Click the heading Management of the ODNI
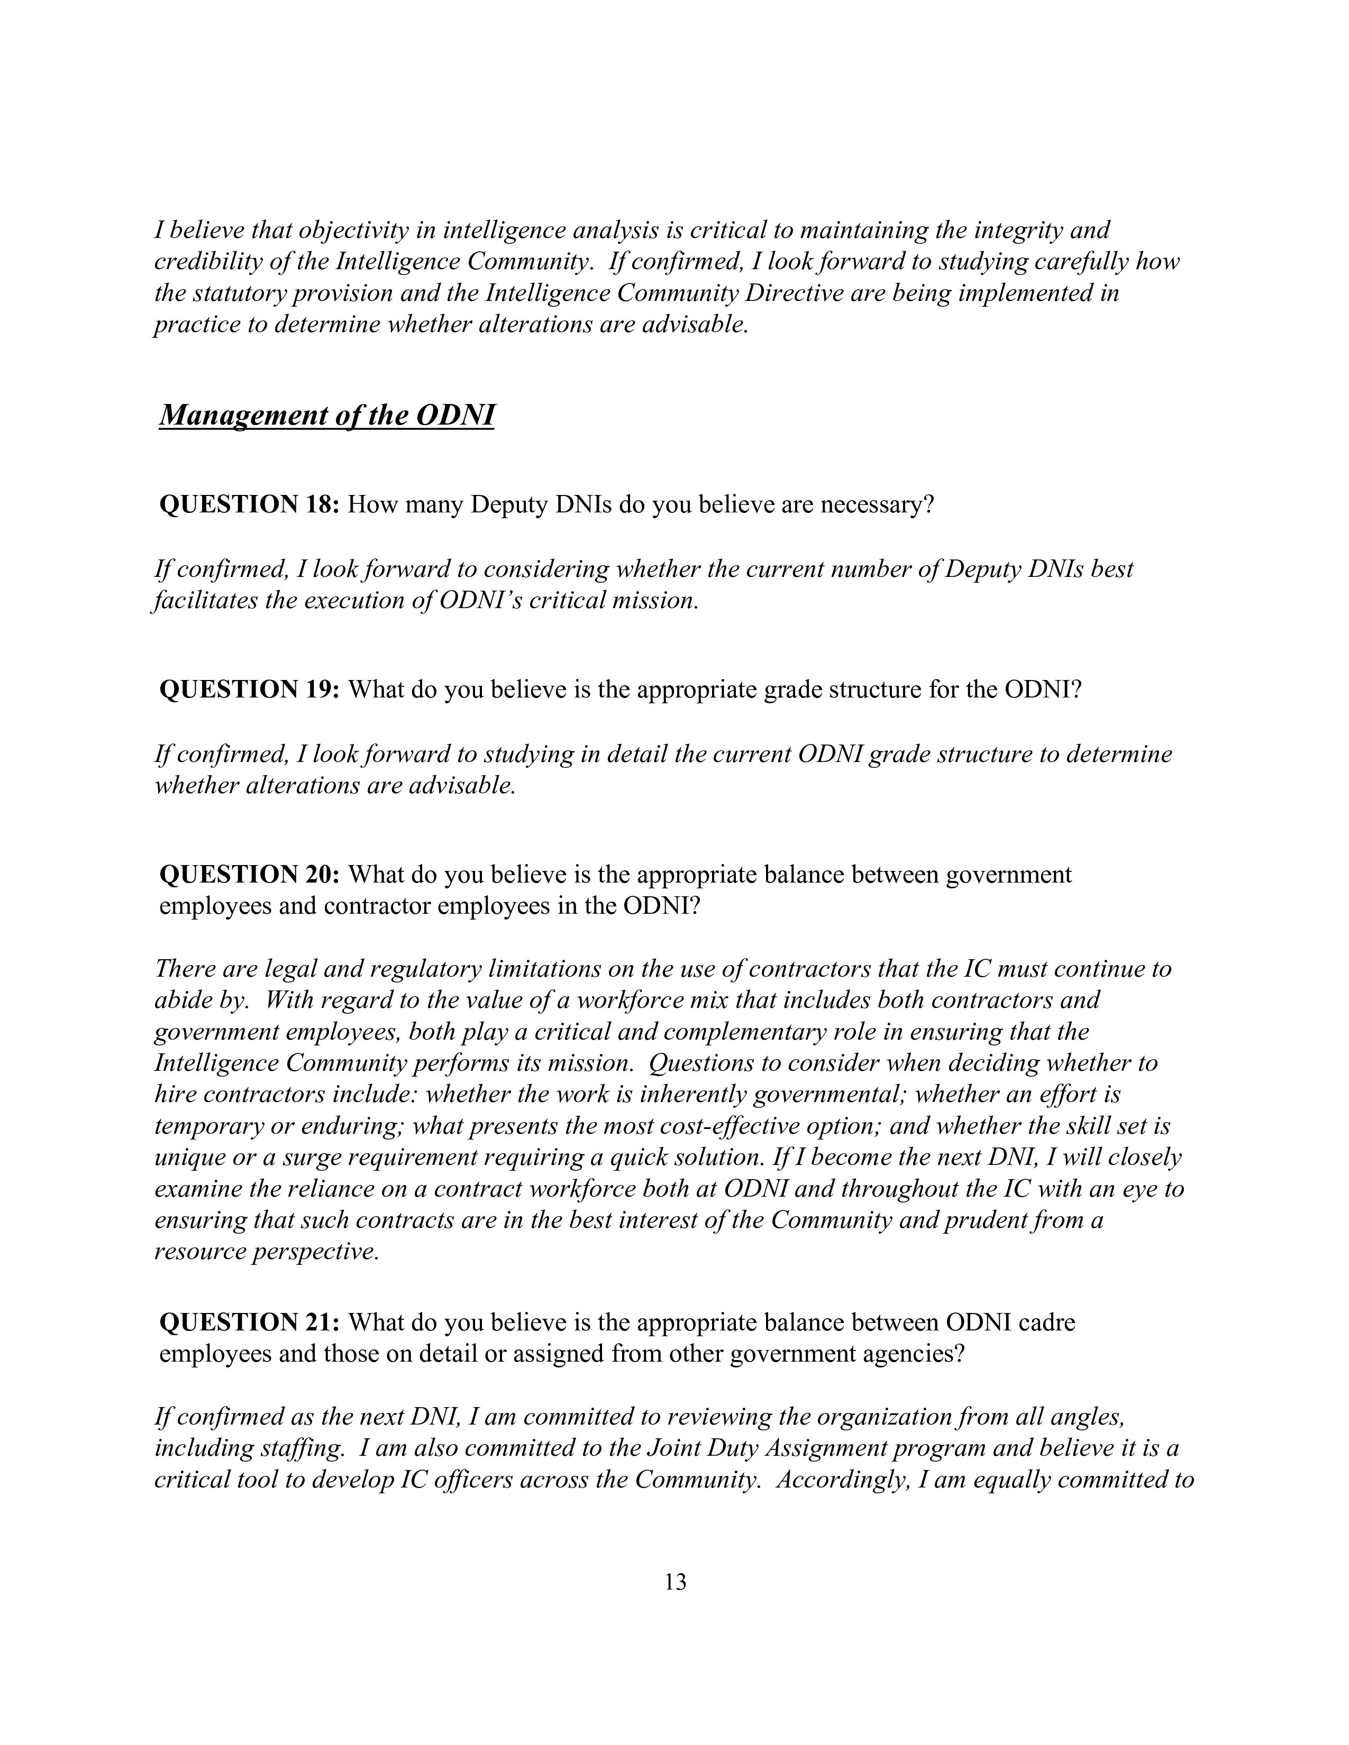[327, 416]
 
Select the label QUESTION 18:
[251, 505]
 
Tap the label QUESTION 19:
[251, 690]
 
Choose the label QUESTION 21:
[251, 1322]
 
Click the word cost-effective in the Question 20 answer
[742, 1126]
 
